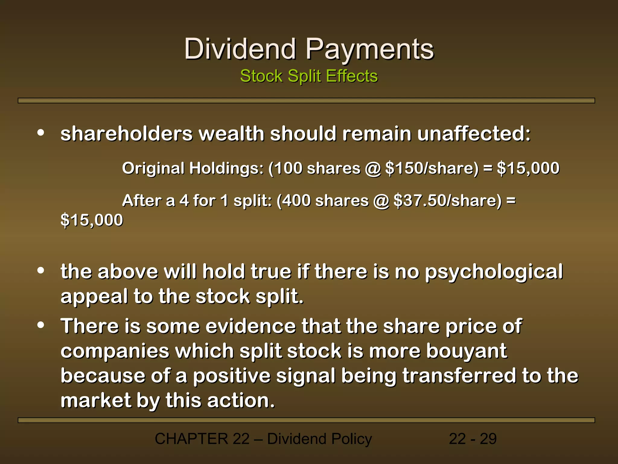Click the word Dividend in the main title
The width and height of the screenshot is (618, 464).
pos(240,49)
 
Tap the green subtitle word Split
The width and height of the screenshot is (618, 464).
pos(304,76)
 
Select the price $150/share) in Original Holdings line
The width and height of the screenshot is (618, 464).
pos(432,168)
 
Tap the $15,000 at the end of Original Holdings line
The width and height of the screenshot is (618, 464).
pos(528,168)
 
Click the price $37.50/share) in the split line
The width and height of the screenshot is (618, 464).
pos(448,201)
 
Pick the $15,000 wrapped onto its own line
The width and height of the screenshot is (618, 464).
pos(92,220)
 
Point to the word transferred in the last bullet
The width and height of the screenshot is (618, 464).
pos(459,376)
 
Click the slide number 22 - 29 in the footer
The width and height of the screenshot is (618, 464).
pos(473,439)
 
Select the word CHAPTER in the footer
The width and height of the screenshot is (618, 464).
pos(191,439)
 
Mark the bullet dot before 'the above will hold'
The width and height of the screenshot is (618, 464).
pos(41,271)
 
